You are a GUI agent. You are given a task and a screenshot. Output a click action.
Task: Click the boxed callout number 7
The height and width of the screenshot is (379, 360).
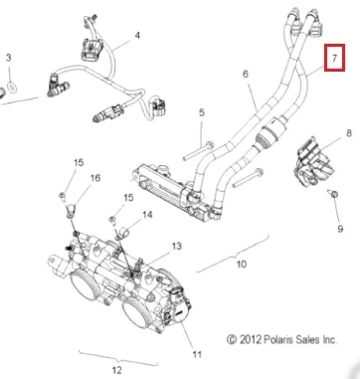coord(334,58)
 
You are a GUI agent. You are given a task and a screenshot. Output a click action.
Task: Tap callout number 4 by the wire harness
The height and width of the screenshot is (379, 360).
coord(137,35)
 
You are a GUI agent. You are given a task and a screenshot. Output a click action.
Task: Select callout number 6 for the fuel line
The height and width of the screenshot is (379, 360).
coord(245,74)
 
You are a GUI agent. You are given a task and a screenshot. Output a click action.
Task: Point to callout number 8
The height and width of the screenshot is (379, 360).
coord(349,133)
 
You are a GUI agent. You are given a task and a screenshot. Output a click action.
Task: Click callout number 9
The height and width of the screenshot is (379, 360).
coord(340,229)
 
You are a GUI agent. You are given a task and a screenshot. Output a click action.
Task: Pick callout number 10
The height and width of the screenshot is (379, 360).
coord(242,265)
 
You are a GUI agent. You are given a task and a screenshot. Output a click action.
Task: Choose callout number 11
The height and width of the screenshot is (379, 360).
coord(197,354)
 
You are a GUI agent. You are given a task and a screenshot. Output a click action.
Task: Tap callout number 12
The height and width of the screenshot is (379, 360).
coord(116,370)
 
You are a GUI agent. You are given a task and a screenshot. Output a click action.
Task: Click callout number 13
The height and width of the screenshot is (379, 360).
coord(176,246)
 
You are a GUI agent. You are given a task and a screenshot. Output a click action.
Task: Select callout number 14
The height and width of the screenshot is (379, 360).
coord(147,215)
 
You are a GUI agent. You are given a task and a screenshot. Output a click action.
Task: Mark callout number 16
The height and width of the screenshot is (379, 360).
coord(95,178)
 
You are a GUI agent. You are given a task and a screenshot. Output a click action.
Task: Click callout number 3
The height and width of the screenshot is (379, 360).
coord(8,58)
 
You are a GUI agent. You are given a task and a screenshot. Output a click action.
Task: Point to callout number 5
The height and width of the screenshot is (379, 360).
coord(202,112)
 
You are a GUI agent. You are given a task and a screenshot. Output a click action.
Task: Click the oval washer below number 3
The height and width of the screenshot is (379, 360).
coord(12,87)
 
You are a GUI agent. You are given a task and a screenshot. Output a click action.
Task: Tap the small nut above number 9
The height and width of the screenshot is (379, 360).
coord(333,193)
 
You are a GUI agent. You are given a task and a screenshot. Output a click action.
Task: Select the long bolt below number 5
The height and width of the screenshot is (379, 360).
coord(199,151)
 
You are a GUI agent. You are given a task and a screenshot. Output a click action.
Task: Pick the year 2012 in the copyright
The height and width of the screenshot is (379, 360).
coord(251,340)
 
